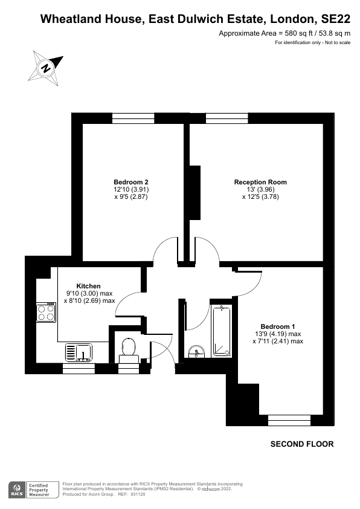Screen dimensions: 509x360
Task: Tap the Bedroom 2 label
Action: click(131, 182)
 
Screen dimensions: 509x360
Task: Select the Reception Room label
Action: click(260, 182)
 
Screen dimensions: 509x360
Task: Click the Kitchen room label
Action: click(88, 286)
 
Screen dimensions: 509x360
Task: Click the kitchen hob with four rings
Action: click(45, 313)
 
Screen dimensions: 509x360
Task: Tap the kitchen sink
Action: click(78, 351)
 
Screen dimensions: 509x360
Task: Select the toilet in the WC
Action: click(128, 348)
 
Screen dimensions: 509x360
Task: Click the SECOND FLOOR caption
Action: click(301, 444)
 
